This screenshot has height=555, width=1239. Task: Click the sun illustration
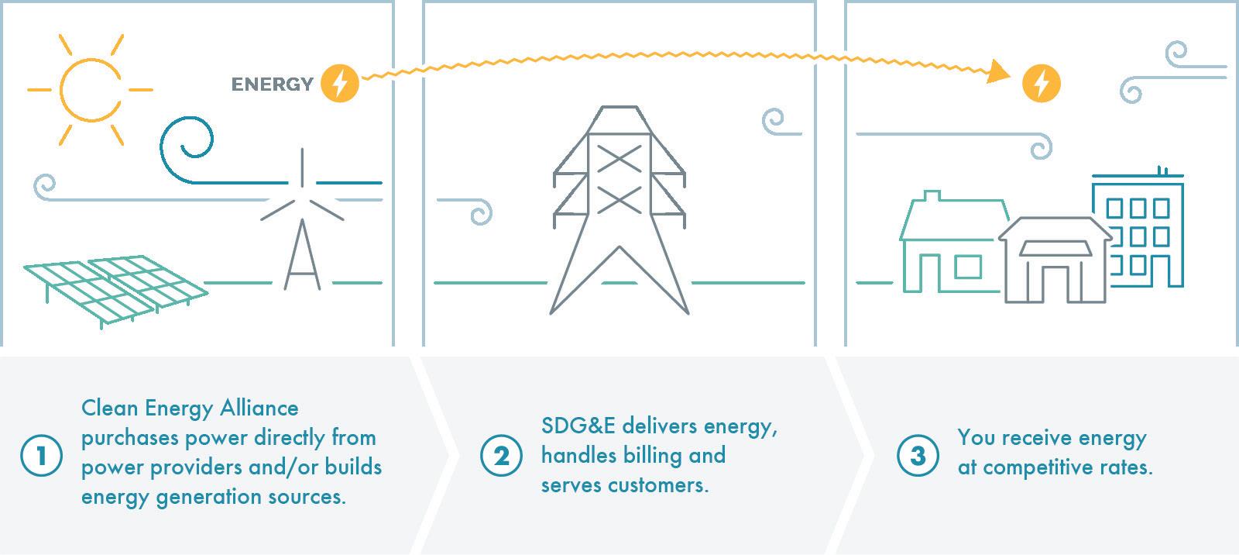[x=90, y=90]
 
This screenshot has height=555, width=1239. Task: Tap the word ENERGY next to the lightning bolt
[x=272, y=84]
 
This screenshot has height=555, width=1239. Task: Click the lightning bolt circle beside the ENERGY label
[x=339, y=83]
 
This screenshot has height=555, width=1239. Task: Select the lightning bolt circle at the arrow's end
[x=1041, y=83]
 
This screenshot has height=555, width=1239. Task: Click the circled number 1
[x=40, y=456]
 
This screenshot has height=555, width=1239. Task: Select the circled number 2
[x=501, y=456]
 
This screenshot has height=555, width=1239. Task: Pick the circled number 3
[x=918, y=456]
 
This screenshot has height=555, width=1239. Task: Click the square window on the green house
[x=968, y=267]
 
